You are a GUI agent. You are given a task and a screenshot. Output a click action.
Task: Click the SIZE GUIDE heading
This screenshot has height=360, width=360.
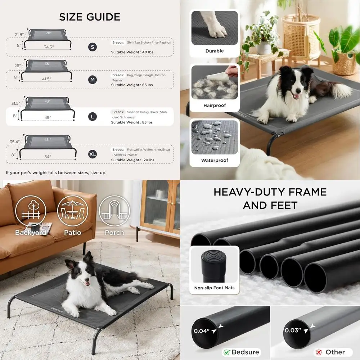[x=90, y=17]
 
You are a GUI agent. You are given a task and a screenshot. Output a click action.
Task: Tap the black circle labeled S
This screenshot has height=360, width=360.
[x=93, y=47]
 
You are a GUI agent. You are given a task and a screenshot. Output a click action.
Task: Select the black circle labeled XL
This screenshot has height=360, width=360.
[x=93, y=154]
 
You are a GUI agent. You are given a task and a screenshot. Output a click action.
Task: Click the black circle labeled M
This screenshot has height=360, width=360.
[x=93, y=80]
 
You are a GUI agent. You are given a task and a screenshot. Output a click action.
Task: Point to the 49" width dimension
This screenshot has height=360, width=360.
[x=48, y=117]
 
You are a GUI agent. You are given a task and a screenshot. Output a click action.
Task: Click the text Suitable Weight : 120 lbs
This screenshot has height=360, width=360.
[x=132, y=160]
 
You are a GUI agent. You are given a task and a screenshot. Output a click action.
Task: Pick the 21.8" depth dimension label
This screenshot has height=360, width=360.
[x=19, y=35]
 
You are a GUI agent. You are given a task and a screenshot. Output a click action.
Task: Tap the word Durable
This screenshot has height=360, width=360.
[x=215, y=51]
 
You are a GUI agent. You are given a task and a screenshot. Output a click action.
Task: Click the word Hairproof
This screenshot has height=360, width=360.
[x=215, y=105]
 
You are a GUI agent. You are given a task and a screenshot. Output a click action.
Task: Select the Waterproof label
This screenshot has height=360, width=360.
[x=215, y=160]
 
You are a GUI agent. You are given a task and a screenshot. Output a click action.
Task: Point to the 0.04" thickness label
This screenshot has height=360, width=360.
[x=202, y=331]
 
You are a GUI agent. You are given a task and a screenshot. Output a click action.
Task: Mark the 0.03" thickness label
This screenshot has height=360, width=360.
[x=293, y=330]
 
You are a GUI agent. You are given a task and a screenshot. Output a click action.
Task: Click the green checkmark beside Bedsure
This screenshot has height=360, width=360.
[x=226, y=352]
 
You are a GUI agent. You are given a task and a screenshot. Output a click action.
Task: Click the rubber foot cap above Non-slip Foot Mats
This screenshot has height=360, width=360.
[x=215, y=265]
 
